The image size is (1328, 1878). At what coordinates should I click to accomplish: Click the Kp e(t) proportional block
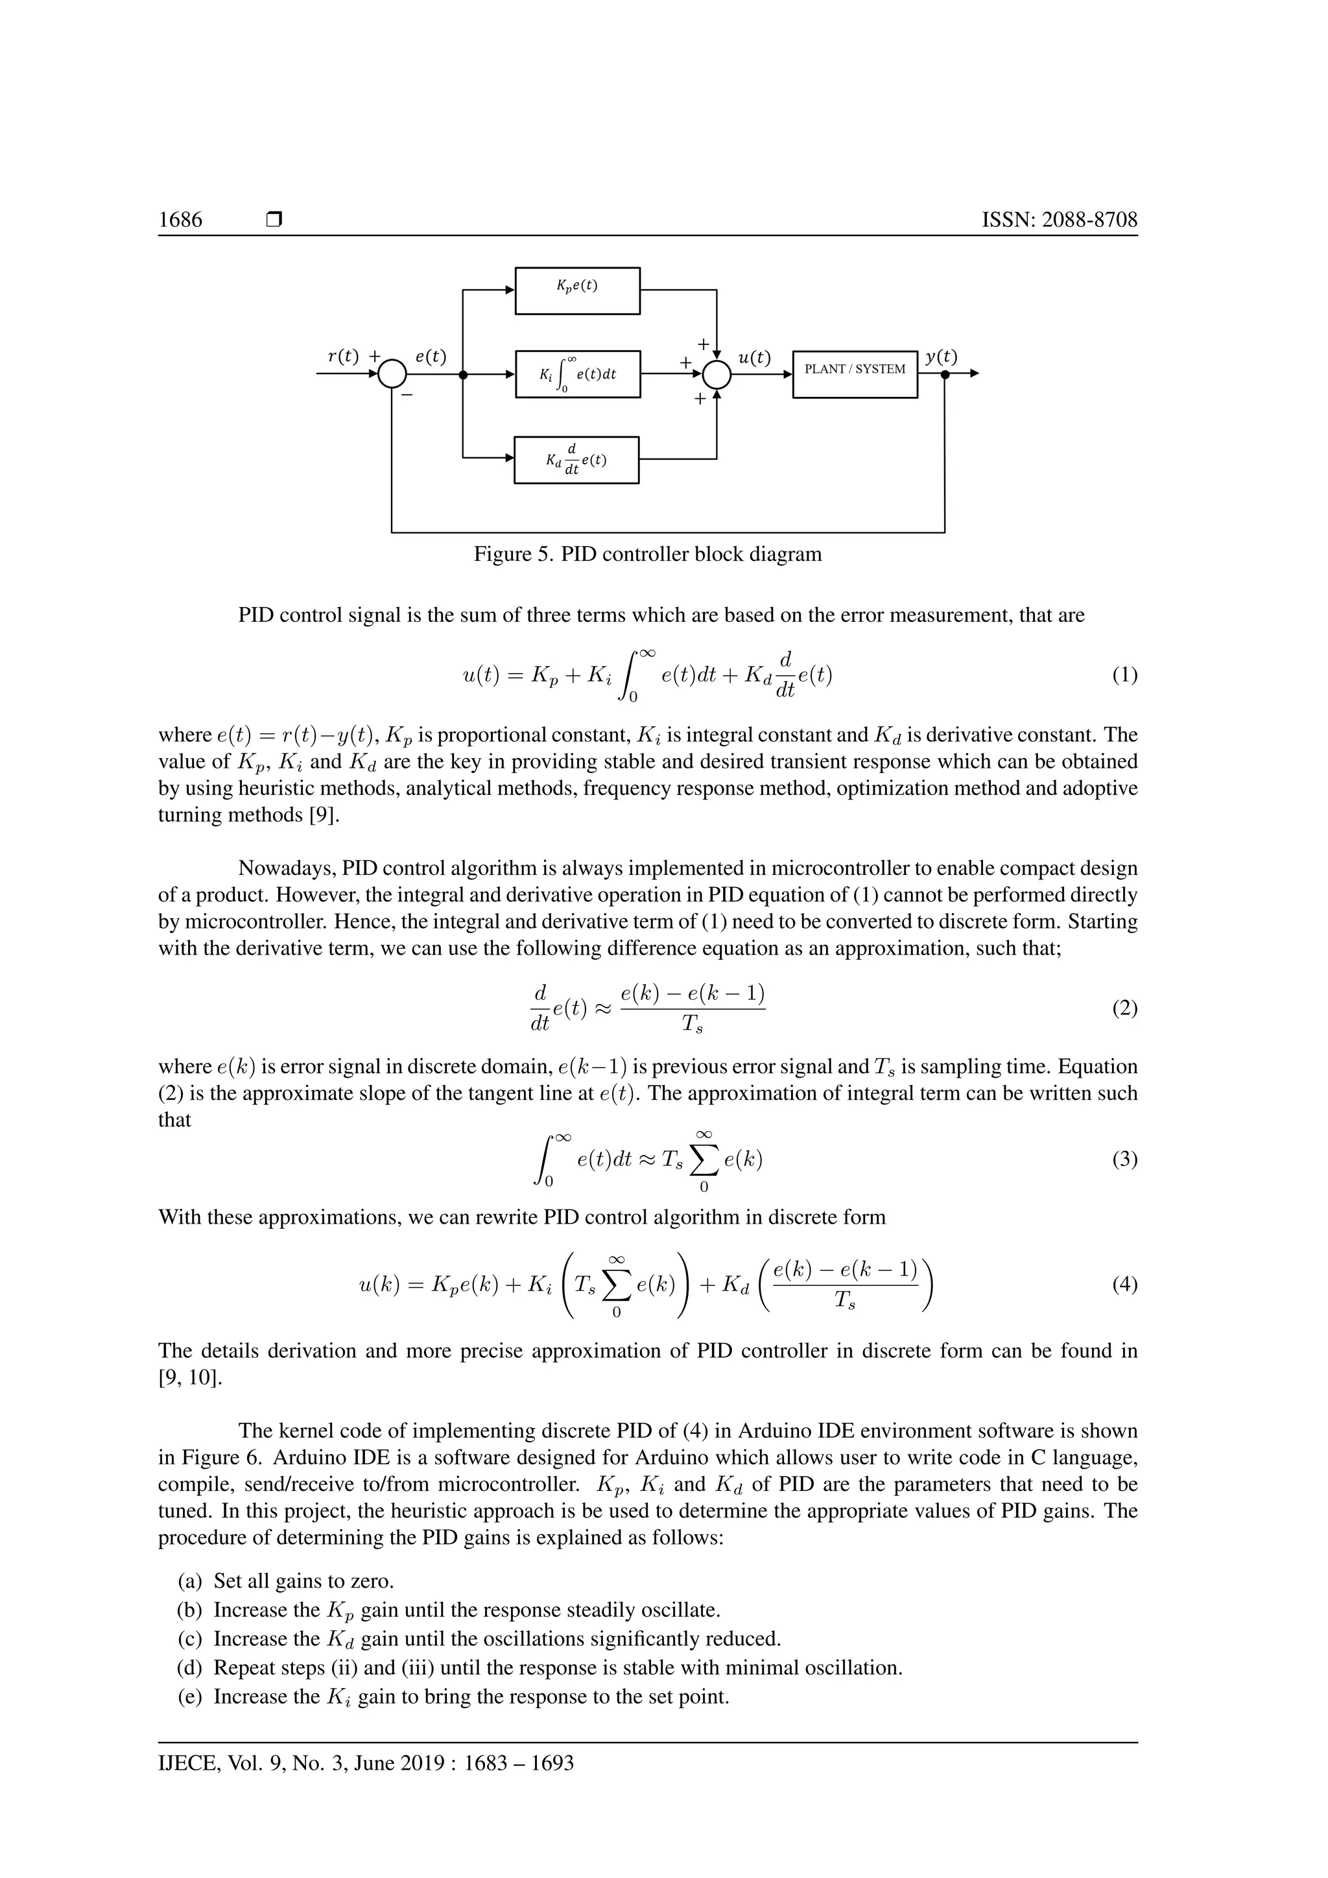pos(576,291)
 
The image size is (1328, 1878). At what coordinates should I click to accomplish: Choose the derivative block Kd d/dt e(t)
pos(576,460)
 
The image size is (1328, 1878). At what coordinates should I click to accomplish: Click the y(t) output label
pos(942,357)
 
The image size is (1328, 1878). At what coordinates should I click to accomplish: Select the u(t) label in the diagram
pos(754,357)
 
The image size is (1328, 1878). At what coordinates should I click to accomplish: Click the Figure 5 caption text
pos(648,554)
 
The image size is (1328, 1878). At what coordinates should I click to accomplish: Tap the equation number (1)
pos(1124,675)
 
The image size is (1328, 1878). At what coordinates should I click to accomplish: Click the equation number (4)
pos(1124,1285)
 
